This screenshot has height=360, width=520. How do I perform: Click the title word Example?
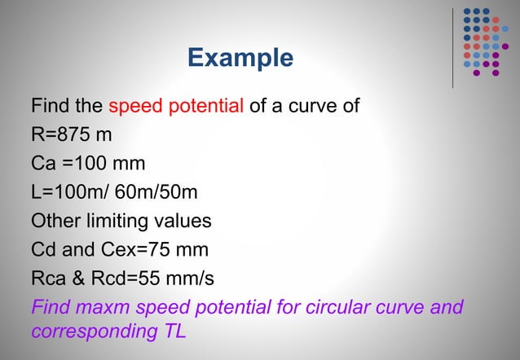coord(240,58)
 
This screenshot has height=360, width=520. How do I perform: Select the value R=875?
coord(60,134)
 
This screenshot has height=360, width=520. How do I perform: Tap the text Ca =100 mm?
coord(88,164)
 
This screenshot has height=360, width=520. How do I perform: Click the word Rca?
coord(51,279)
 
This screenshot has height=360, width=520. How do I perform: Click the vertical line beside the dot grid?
coord(452,45)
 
